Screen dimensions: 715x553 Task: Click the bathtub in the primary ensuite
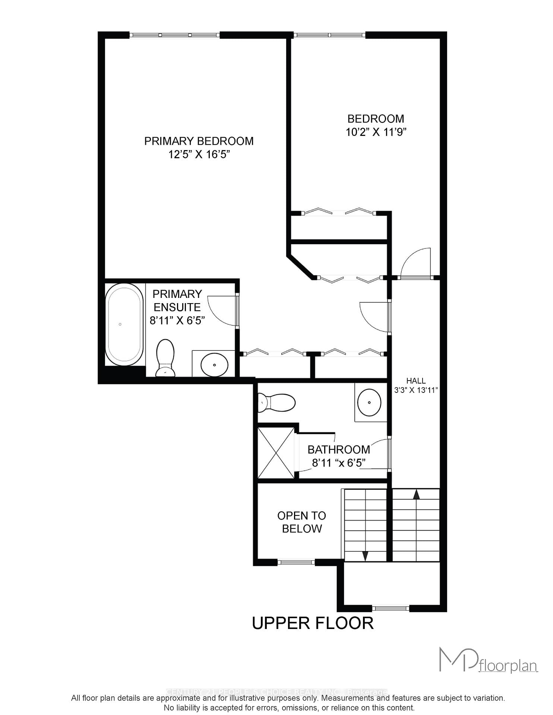(x=124, y=324)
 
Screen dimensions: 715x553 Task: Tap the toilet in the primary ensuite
(x=165, y=358)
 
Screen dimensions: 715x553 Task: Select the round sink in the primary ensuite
(x=214, y=365)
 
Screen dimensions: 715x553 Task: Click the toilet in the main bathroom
(x=276, y=403)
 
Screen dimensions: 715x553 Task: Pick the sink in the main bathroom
(x=369, y=403)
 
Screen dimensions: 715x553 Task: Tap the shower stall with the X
(x=276, y=453)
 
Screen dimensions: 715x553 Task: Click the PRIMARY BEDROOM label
(x=199, y=141)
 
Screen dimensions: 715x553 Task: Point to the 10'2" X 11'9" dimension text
(x=376, y=132)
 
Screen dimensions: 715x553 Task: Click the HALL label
(x=416, y=381)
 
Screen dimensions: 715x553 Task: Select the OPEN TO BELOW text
(x=301, y=522)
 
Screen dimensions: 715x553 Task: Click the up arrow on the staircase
(x=416, y=495)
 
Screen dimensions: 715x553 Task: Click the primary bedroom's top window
(x=174, y=35)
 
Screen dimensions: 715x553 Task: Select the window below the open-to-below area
(x=296, y=562)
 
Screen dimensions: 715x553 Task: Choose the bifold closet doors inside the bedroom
(x=338, y=212)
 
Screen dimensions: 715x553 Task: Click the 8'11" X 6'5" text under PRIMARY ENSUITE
(x=177, y=320)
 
